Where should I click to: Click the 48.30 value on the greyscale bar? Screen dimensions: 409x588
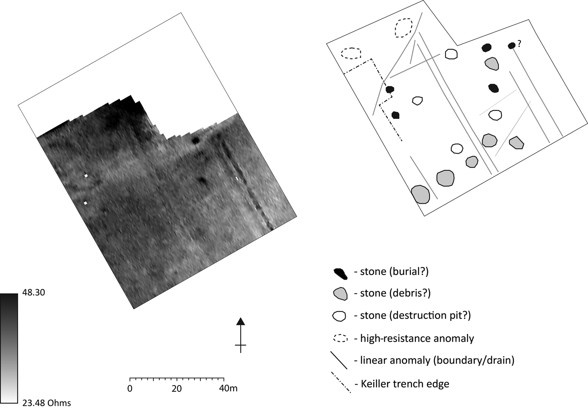pos(33,293)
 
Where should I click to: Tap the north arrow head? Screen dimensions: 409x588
pos(240,322)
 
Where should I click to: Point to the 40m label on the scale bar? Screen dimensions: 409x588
pos(228,388)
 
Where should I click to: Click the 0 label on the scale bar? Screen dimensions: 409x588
pos(130,388)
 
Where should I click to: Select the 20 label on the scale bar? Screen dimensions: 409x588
pos(176,388)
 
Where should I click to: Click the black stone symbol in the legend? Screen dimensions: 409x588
pos(340,273)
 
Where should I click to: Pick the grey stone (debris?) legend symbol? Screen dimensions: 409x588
pos(340,294)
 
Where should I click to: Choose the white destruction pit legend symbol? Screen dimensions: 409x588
pos(339,316)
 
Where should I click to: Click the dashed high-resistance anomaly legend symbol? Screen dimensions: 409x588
pos(340,338)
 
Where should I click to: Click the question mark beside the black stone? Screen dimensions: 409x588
pos(519,43)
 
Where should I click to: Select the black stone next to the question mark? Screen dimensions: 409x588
pos(512,45)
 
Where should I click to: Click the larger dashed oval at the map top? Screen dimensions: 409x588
pos(404,28)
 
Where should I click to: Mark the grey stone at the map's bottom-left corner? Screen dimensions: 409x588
pos(420,194)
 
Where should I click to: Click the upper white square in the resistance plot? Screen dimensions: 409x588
pos(86,176)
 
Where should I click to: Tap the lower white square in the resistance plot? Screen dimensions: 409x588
pos(85,203)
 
